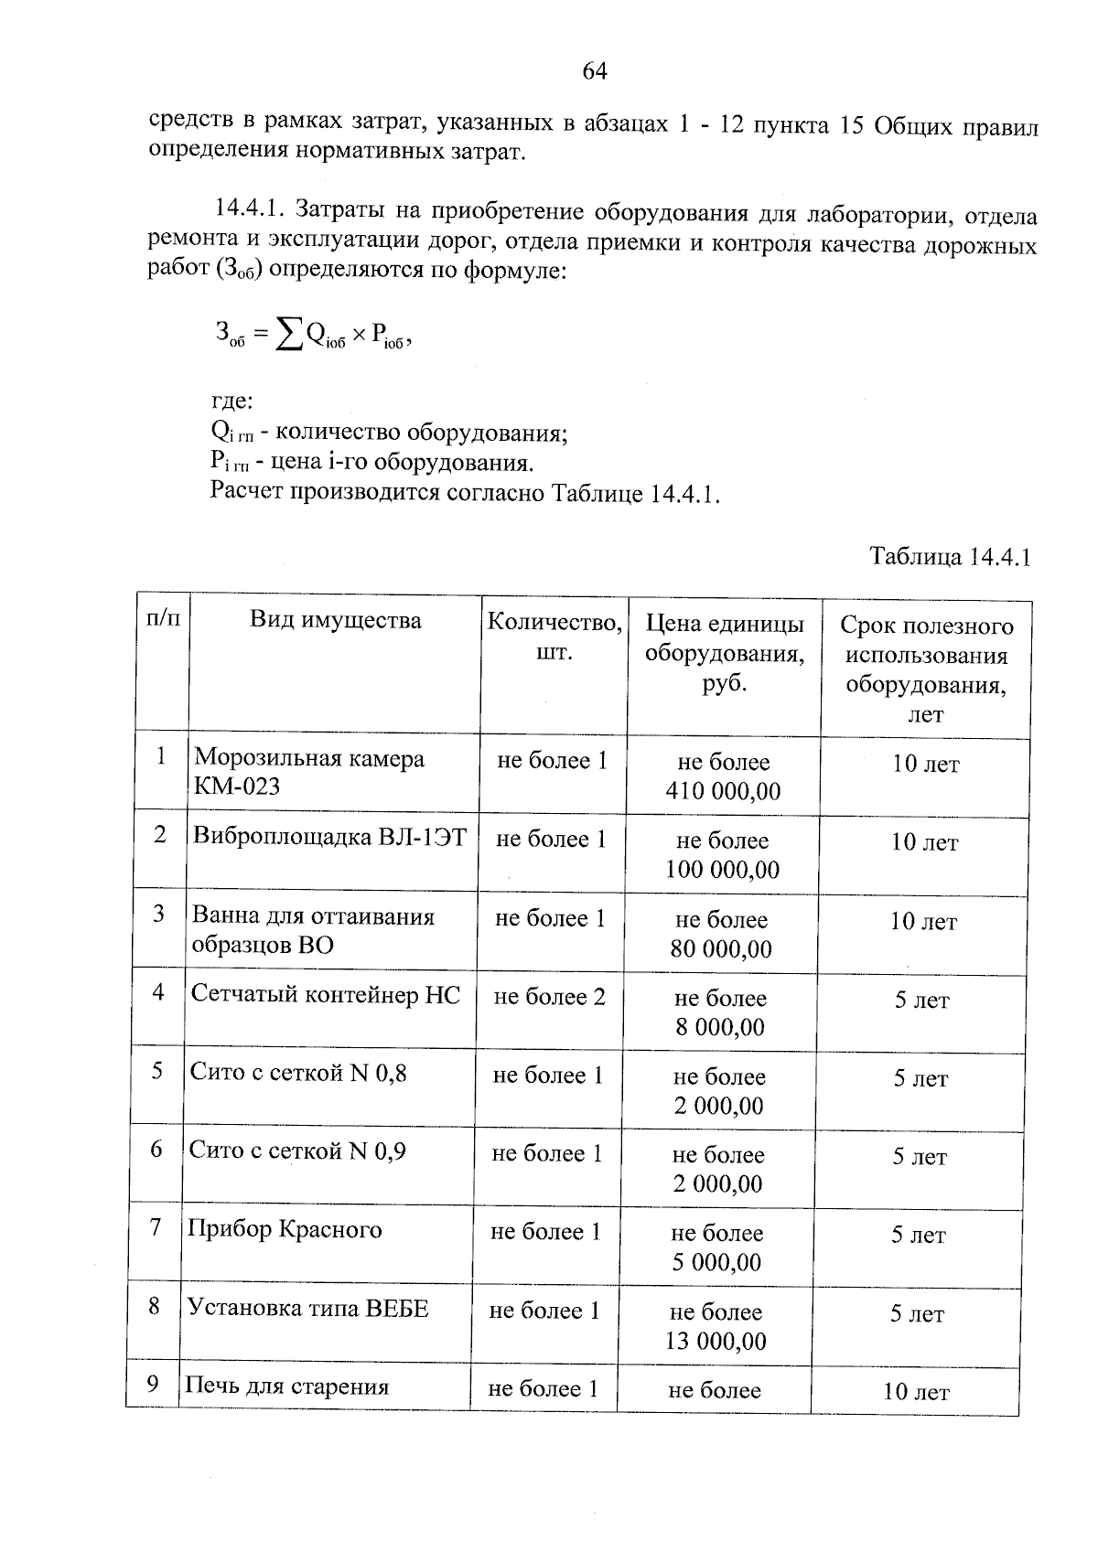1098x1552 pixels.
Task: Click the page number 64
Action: pos(594,71)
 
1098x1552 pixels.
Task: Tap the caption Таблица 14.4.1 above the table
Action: pos(951,557)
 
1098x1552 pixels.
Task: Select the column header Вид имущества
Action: pos(336,621)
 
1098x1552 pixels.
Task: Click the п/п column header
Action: pos(163,618)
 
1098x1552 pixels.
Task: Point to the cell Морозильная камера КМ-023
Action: pos(309,772)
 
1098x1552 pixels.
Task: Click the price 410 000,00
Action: pos(723,791)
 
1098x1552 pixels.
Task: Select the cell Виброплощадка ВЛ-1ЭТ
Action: pos(329,837)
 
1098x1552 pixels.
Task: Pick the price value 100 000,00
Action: pos(722,870)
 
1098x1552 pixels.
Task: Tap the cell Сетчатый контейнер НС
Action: pos(326,994)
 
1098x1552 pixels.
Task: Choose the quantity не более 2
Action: pos(549,996)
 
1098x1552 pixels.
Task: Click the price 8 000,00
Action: pos(720,1027)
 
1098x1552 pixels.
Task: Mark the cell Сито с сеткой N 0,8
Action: pos(298,1073)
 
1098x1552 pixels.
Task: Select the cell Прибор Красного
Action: pos(285,1229)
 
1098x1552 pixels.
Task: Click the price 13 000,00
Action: pos(717,1342)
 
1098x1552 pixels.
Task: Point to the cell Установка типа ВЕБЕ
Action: pos(307,1308)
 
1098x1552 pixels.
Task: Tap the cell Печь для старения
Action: pos(287,1386)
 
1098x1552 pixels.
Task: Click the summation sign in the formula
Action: pos(290,337)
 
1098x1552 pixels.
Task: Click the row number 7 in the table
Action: pos(156,1227)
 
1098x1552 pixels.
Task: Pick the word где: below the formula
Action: pos(231,401)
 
